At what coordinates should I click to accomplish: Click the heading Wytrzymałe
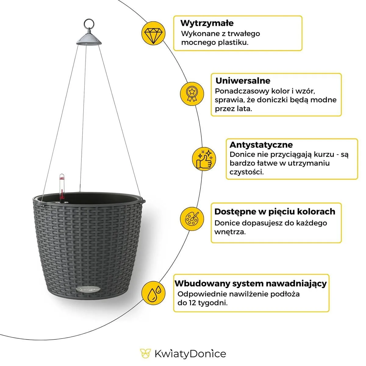click(207, 23)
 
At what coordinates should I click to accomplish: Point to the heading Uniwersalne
click(243, 81)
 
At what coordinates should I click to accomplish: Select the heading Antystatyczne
click(261, 145)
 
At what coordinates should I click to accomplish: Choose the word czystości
click(246, 172)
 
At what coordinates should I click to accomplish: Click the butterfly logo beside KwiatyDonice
click(145, 353)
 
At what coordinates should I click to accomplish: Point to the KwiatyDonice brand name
click(190, 354)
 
